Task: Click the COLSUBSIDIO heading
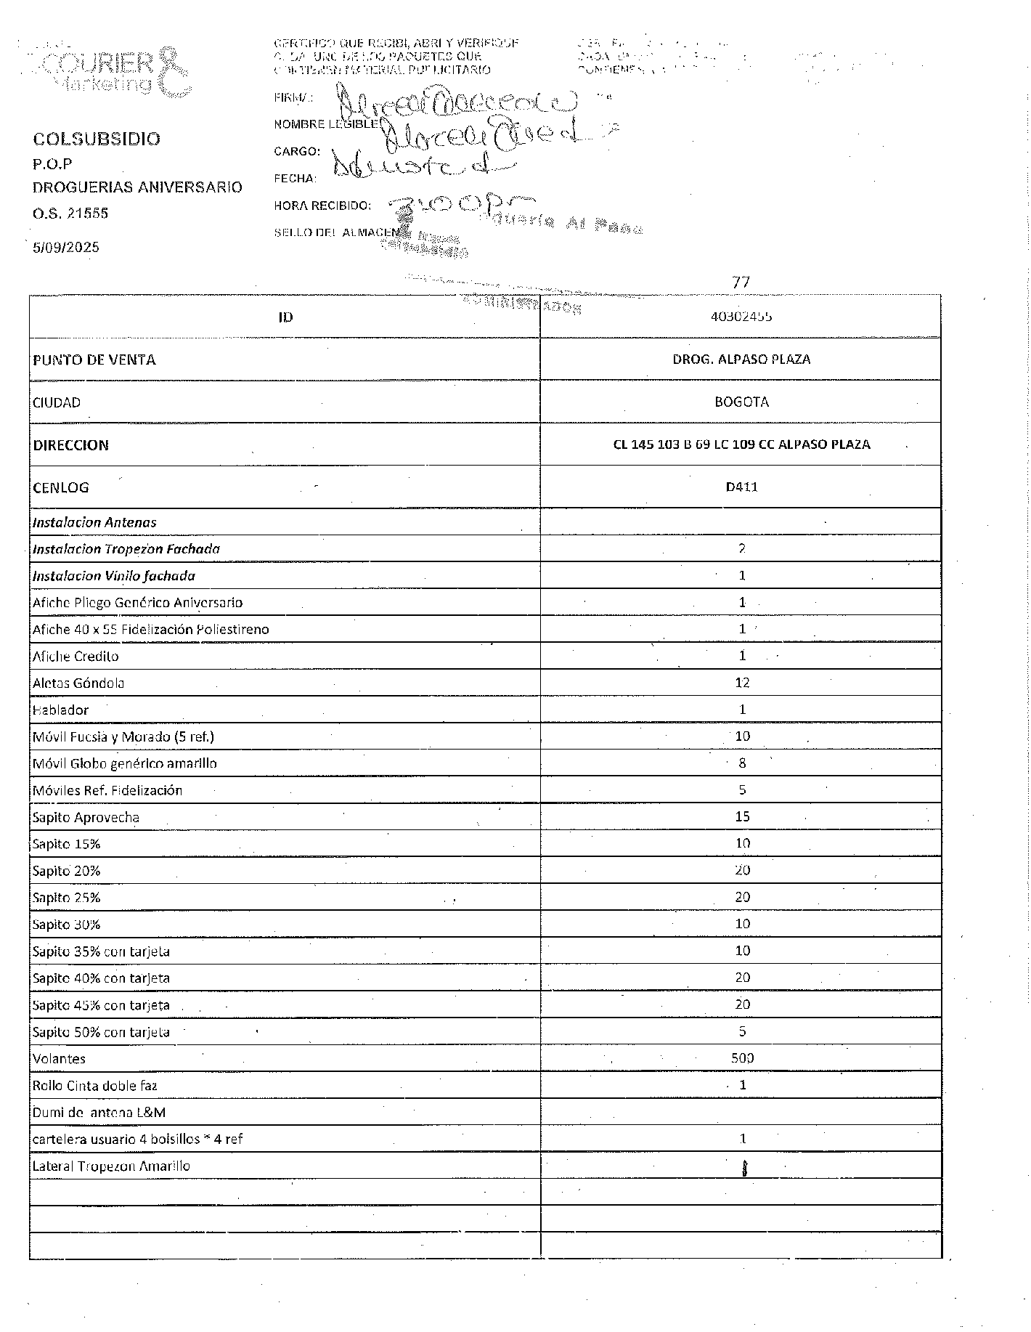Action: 97,139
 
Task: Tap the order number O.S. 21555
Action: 70,214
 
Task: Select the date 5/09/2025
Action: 66,247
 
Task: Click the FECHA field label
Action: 295,179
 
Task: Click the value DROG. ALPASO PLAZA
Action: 741,359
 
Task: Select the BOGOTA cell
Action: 741,402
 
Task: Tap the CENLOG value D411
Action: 741,487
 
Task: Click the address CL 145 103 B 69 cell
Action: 741,444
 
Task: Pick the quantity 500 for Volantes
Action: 742,1058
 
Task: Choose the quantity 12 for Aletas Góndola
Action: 742,683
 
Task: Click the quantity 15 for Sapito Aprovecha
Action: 742,816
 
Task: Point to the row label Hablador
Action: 61,710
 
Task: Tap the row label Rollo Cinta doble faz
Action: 95,1086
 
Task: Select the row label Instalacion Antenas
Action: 94,522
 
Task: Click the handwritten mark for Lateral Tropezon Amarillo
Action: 743,1168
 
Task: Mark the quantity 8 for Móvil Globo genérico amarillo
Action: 742,763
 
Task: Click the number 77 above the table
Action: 741,281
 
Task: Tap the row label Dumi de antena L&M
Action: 99,1113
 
